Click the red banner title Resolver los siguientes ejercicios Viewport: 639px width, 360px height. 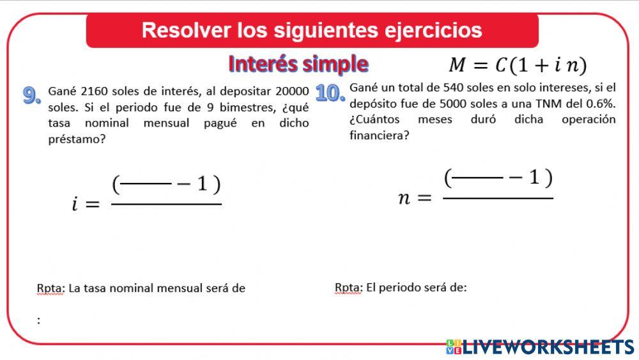coord(312,30)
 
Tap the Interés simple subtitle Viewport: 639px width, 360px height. coord(298,64)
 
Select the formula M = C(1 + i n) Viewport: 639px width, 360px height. coord(517,65)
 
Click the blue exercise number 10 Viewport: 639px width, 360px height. coord(330,93)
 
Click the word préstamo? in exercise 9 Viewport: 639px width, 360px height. coord(77,139)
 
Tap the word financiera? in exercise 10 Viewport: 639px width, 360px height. coord(379,135)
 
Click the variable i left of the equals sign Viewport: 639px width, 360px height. coord(75,205)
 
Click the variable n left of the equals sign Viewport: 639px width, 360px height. coord(404,198)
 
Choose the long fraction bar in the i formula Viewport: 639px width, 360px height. coord(166,205)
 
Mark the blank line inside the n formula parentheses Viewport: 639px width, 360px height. coord(477,179)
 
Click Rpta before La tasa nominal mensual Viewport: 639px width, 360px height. coord(50,288)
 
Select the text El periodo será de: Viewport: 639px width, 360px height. coord(416,288)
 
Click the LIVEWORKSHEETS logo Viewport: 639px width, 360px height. coord(540,347)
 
